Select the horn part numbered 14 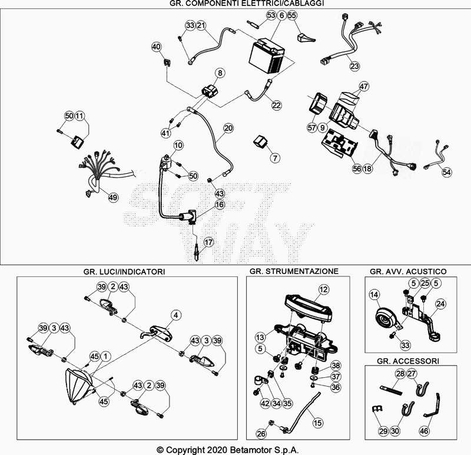385,318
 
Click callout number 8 219,73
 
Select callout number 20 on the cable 228,128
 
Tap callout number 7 275,158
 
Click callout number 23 354,67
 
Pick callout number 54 447,172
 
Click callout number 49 112,197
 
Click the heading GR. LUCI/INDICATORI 124,272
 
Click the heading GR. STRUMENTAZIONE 294,272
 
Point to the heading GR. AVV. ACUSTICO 407,272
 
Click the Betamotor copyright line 235,449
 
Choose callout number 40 156,47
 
